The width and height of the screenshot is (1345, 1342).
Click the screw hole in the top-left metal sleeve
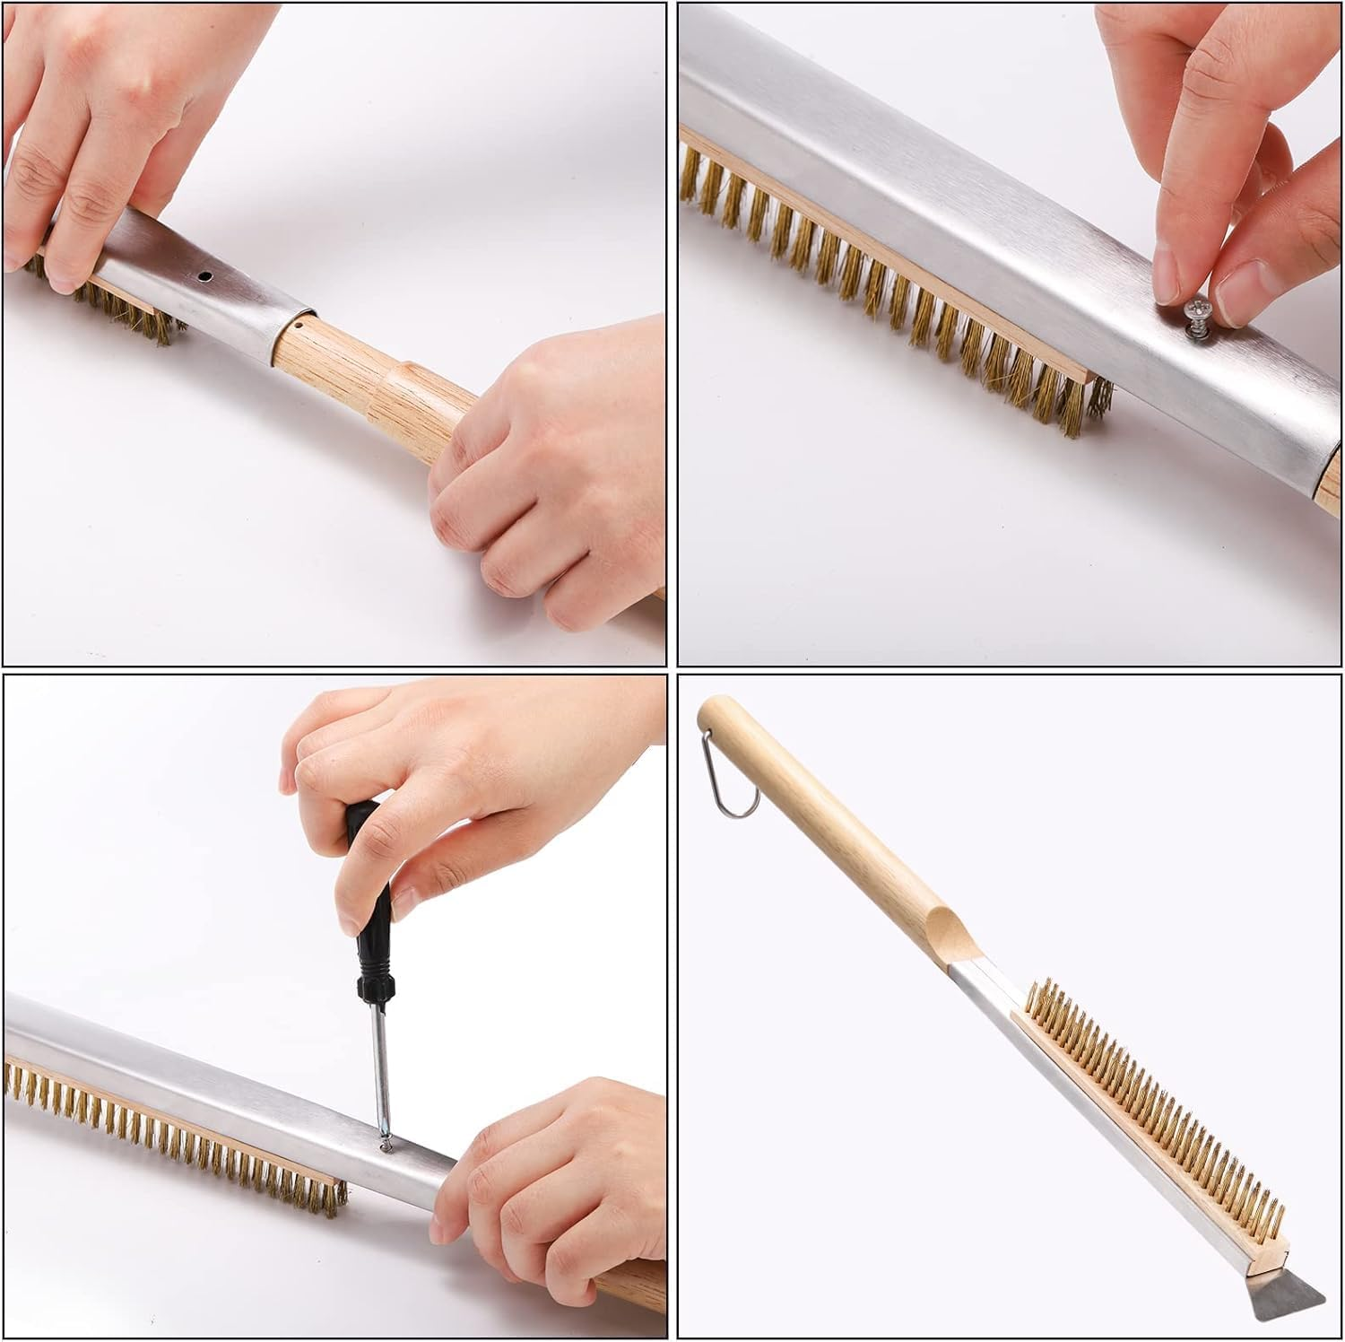coord(205,278)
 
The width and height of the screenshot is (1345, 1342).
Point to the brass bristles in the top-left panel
coord(134,309)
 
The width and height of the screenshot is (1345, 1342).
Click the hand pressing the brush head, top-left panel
coord(99,144)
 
